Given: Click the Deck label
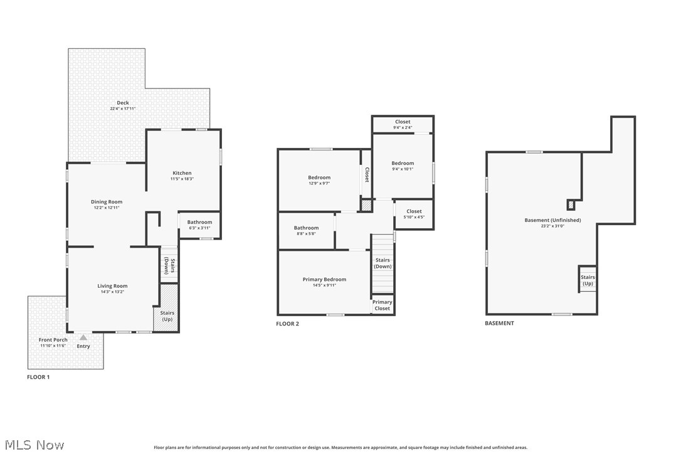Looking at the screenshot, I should coord(123,103).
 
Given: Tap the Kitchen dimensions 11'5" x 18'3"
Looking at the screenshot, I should coord(182,179).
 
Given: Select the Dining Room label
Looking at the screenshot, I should coord(107,202).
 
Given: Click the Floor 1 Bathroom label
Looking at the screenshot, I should coord(199,222).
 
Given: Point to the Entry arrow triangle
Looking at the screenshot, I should coord(83,337).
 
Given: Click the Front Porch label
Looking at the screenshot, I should coord(54,340).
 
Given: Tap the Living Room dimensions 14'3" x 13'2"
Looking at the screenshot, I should coord(112,292).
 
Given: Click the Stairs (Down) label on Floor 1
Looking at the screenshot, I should coord(169,266).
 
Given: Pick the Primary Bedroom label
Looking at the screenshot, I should coord(324,280).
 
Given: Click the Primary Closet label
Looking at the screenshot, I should coord(382,305).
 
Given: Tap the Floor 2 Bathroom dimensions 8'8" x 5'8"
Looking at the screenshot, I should coord(306,233).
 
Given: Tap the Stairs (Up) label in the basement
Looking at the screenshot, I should coord(588,280).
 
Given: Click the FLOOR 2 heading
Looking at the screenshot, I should coord(288,324).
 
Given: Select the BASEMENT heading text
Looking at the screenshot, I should coord(499,324).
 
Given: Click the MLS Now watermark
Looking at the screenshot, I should coord(33,445).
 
